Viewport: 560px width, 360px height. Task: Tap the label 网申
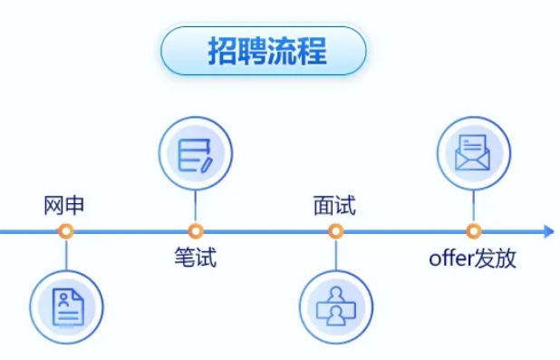64,205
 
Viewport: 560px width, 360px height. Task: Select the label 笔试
196,258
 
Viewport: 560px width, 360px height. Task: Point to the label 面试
334,205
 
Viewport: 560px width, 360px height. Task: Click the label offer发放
472,258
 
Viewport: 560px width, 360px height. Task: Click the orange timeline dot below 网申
65,231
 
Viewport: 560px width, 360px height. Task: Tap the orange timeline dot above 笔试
196,231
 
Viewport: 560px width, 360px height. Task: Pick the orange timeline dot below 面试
335,231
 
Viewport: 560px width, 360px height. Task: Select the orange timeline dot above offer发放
473,231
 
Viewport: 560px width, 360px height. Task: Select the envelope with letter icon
473,153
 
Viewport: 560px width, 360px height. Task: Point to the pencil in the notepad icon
207,163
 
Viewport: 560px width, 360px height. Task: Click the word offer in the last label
449,258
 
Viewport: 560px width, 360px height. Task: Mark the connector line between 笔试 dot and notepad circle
196,208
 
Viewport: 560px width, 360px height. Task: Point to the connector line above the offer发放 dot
473,208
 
